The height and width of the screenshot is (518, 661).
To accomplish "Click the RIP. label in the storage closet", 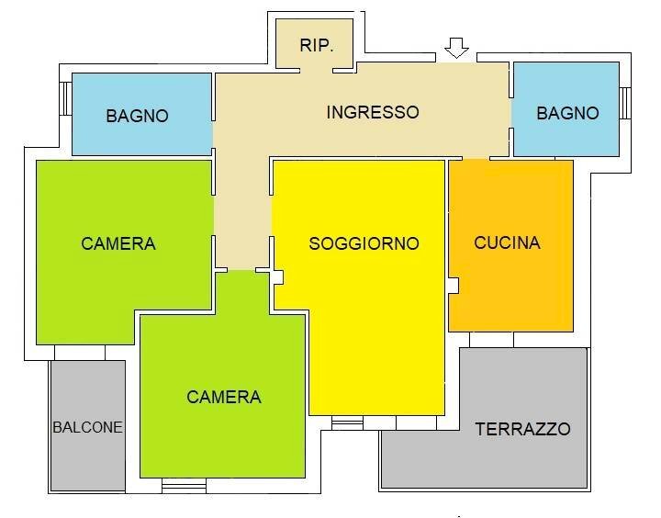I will [317, 45].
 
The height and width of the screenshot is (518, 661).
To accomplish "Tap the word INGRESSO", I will [373, 112].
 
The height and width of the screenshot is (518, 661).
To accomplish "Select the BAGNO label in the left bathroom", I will [137, 116].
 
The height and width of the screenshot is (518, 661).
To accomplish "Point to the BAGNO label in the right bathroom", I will [567, 113].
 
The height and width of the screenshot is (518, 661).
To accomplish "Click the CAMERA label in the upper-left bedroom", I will [118, 243].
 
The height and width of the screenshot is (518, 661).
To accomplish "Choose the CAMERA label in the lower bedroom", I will [224, 397].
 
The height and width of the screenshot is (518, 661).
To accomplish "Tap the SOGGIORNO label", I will [364, 243].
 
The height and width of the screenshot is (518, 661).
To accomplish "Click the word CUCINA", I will [507, 242].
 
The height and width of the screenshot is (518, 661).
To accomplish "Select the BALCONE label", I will [87, 427].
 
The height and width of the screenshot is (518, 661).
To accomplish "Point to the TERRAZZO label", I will [522, 429].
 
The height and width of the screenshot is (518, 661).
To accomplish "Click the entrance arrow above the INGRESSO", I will [456, 48].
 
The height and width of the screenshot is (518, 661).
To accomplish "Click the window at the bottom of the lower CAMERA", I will [184, 484].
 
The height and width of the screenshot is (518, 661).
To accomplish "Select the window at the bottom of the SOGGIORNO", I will [347, 422].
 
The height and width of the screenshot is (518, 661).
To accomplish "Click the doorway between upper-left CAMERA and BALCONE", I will [80, 353].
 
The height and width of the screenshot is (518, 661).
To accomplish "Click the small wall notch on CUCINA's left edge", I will [454, 286].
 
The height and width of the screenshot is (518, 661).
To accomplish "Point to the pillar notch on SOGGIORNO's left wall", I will [279, 276].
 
